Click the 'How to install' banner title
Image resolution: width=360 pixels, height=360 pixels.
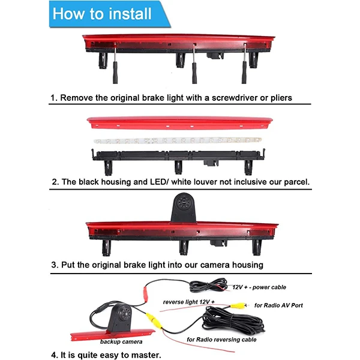click(x=102, y=14)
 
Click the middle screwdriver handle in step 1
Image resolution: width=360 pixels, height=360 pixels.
click(x=194, y=73)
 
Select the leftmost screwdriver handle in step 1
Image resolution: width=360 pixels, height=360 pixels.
click(x=115, y=73)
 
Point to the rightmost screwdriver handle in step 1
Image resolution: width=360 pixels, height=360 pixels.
click(x=244, y=73)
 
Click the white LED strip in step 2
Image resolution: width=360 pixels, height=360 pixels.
click(x=178, y=140)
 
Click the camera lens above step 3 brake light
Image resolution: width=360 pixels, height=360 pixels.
click(x=183, y=203)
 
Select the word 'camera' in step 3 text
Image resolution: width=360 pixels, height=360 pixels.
click(x=215, y=265)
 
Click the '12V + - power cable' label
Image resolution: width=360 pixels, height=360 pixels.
click(x=259, y=287)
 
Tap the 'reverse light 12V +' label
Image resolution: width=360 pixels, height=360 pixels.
click(x=189, y=302)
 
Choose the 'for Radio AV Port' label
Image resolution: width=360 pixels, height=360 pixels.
click(x=278, y=305)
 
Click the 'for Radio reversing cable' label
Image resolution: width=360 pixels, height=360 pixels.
click(x=221, y=340)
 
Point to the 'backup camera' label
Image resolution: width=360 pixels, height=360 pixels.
click(x=121, y=342)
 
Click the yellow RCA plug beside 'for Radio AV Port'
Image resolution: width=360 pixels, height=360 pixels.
click(x=238, y=305)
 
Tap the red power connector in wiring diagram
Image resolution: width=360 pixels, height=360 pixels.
click(x=146, y=295)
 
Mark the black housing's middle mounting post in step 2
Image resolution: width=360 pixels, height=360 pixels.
click(x=178, y=167)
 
